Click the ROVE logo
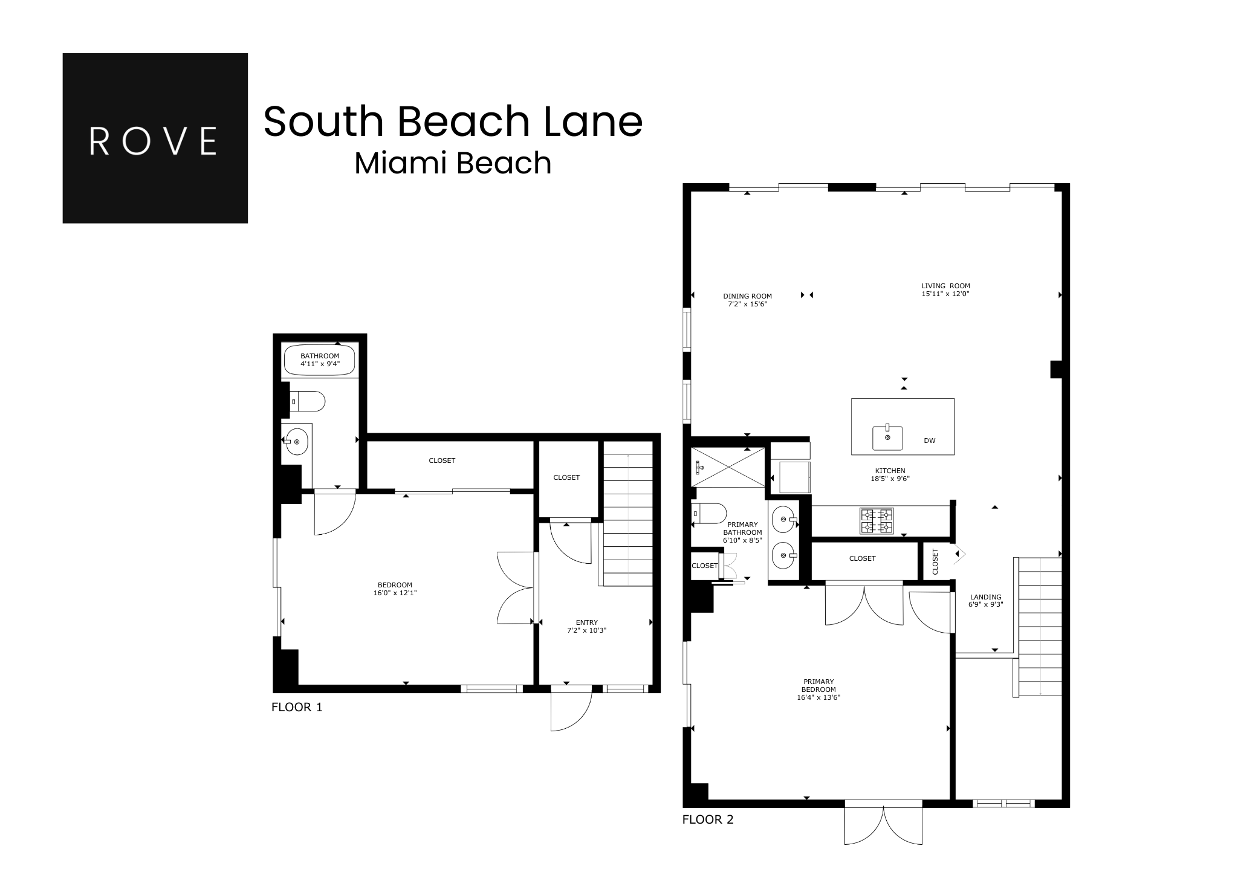click(155, 138)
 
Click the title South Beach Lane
click(453, 121)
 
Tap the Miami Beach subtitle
click(453, 163)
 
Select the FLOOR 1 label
click(297, 707)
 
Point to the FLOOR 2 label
click(708, 820)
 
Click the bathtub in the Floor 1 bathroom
click(320, 360)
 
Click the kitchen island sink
click(887, 437)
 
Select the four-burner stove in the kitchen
click(877, 521)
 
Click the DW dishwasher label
click(930, 441)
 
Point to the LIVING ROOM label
click(945, 286)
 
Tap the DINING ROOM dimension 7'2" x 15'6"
click(747, 305)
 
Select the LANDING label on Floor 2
click(986, 597)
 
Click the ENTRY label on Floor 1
click(586, 622)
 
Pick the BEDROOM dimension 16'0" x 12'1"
click(395, 593)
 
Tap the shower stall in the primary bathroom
click(728, 467)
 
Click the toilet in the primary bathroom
click(709, 513)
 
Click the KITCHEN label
click(890, 471)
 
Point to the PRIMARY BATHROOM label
click(742, 528)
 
